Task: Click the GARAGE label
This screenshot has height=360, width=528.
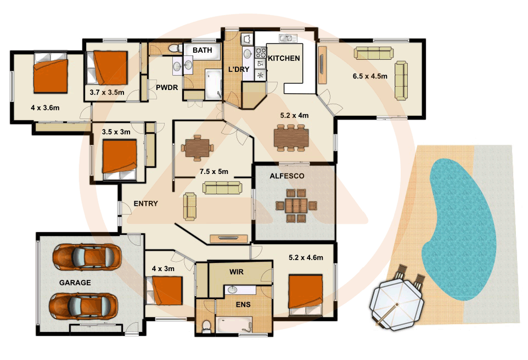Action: click(x=75, y=283)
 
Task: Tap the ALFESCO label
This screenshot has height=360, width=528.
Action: click(x=286, y=177)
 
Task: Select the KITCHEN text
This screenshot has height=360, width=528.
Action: click(x=284, y=58)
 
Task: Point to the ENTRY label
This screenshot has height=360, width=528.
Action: click(x=145, y=204)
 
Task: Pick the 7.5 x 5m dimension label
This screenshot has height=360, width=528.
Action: click(x=214, y=172)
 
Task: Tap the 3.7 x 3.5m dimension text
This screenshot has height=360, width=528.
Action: click(x=107, y=92)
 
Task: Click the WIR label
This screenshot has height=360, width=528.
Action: click(x=237, y=272)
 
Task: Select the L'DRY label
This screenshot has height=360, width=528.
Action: click(x=239, y=69)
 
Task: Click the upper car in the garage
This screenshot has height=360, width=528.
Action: click(x=87, y=256)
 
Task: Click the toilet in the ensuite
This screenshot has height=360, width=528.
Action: click(x=206, y=325)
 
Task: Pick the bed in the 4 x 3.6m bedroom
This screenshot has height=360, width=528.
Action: click(x=50, y=76)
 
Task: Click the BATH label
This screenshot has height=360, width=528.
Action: click(x=201, y=50)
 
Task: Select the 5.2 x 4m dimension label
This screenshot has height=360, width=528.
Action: click(x=294, y=116)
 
